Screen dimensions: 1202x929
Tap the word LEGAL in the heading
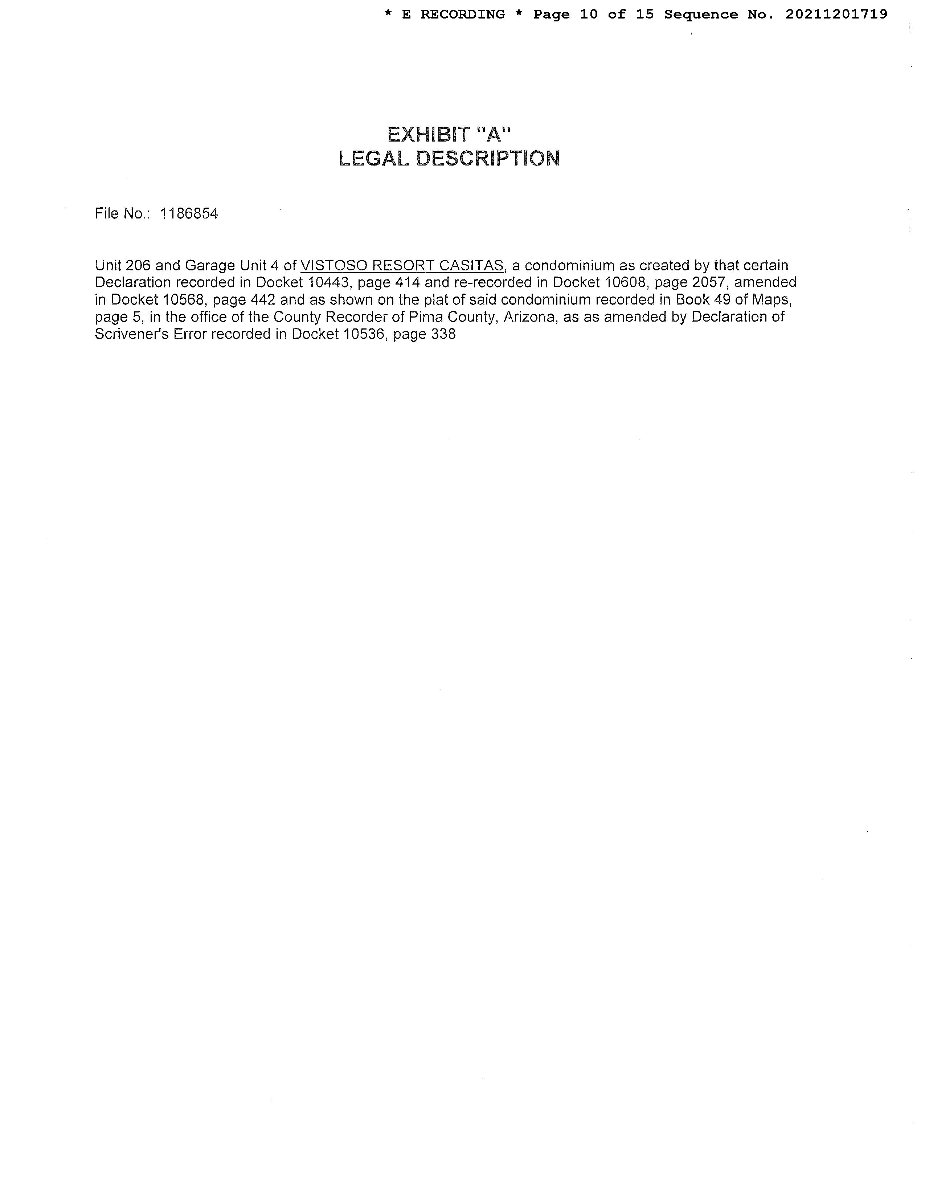point(374,159)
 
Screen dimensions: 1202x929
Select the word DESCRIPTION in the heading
point(488,159)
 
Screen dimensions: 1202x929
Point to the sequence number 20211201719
point(836,14)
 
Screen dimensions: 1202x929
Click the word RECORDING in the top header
point(462,14)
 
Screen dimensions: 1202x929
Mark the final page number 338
point(443,334)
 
